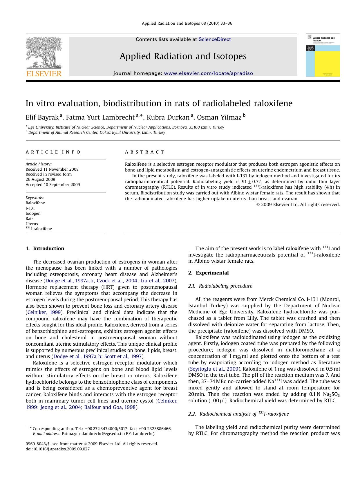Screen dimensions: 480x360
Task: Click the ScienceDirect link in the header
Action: click(x=215, y=39)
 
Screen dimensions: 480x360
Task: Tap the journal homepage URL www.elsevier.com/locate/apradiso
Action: click(x=208, y=73)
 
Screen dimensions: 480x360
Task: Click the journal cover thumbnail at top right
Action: click(x=323, y=55)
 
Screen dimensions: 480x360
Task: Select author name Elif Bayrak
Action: click(x=42, y=117)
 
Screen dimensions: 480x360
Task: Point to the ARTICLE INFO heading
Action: click(x=53, y=152)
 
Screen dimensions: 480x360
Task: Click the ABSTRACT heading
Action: click(x=144, y=152)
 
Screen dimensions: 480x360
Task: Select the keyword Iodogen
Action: click(x=33, y=213)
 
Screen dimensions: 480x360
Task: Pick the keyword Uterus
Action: click(x=32, y=224)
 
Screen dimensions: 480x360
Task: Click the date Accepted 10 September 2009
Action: click(x=53, y=185)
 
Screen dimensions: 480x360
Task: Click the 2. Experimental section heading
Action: click(x=208, y=273)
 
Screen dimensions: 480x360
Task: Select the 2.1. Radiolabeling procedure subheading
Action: click(x=220, y=286)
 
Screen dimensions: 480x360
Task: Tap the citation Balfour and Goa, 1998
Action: click(x=110, y=407)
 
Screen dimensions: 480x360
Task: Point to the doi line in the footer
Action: click(x=58, y=449)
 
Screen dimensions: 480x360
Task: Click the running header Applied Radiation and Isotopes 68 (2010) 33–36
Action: click(x=187, y=23)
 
